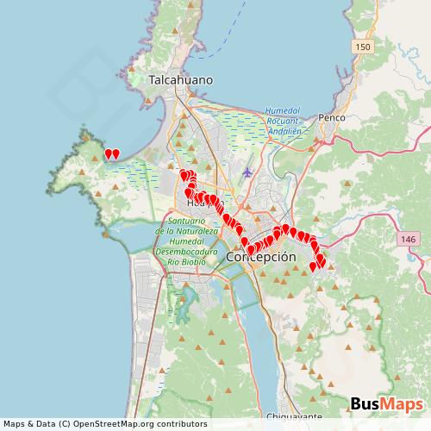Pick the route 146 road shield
(408, 237)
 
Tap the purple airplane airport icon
(248, 172)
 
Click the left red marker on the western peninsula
(109, 155)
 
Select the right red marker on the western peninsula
(116, 155)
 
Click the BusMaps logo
(384, 404)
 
